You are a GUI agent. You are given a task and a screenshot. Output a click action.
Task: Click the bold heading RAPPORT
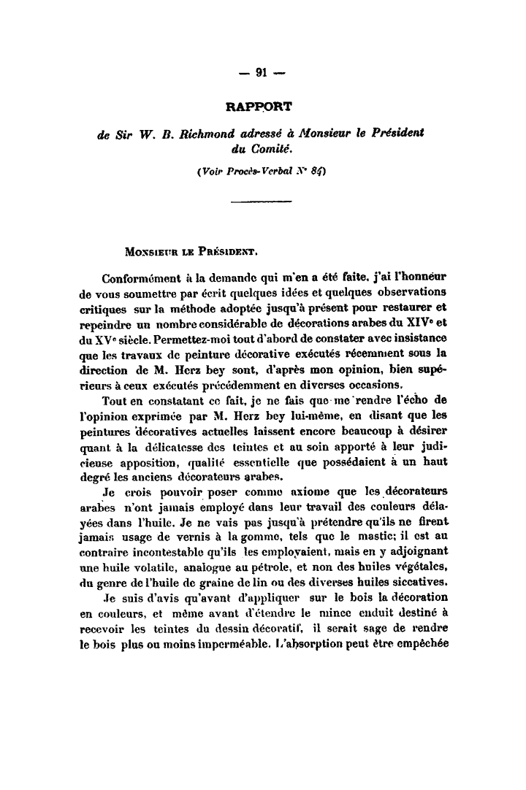coord(259,107)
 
